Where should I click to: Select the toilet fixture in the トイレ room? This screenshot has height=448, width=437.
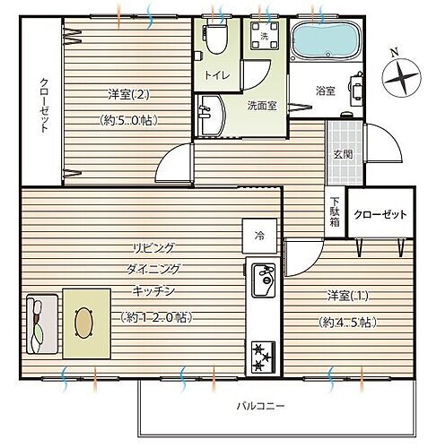point(216,39)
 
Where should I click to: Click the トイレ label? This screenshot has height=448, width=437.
point(215,76)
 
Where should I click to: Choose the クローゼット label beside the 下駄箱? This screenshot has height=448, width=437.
point(380,215)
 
